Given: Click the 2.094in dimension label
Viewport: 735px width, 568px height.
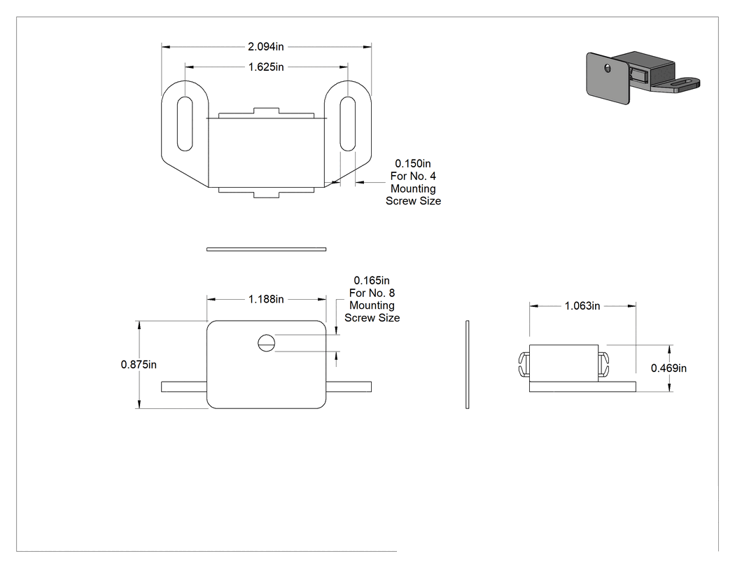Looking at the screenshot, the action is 266,46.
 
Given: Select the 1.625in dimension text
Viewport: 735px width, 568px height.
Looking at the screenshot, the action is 266,67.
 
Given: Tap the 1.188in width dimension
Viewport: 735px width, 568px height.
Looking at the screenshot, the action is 266,299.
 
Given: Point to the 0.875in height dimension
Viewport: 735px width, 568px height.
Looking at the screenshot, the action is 139,364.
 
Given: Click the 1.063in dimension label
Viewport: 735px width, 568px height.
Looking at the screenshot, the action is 582,306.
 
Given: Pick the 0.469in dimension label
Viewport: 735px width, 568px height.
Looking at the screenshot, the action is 668,368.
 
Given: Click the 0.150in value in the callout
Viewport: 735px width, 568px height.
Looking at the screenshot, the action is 413,164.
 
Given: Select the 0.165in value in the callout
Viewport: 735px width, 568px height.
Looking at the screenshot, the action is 372,280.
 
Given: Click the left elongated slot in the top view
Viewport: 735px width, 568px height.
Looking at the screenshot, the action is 185,124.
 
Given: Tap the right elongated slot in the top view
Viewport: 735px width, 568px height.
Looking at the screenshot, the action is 347,124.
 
